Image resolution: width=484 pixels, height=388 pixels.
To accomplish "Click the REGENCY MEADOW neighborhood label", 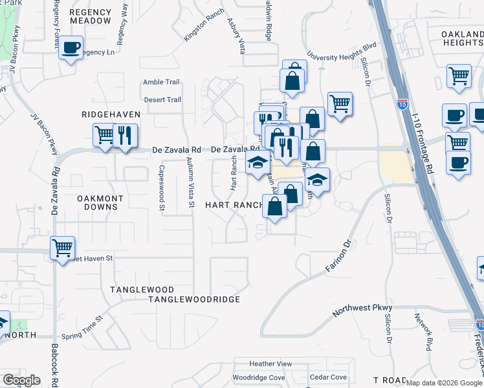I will click(x=90, y=16).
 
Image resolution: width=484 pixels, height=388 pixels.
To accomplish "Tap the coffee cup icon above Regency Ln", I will click(x=71, y=48).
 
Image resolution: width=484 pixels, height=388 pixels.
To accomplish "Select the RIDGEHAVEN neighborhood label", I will click(x=111, y=114).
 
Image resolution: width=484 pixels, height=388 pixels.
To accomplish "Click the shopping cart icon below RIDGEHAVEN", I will click(x=104, y=136).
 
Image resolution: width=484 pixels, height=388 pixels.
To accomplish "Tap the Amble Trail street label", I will click(x=161, y=82).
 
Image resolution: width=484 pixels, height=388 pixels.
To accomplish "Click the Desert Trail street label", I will click(x=162, y=100).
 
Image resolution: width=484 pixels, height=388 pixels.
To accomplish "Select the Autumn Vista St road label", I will click(x=190, y=183).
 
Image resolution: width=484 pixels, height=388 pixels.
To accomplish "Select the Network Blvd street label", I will click(x=428, y=330).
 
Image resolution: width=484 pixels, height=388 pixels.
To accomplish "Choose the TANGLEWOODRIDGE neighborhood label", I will click(x=194, y=299).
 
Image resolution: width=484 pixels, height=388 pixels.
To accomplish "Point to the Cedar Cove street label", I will click(x=328, y=377).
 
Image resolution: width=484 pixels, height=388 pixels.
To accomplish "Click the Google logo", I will click(x=22, y=380).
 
